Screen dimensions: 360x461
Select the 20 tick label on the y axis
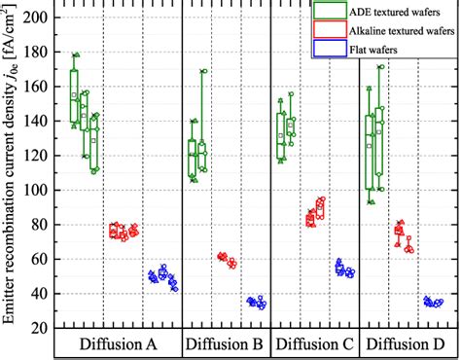tap(42, 329)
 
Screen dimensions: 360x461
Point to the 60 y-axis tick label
tap(42, 260)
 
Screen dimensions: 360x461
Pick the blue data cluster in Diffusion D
tap(433, 303)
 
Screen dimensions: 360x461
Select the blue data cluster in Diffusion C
tap(344, 268)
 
